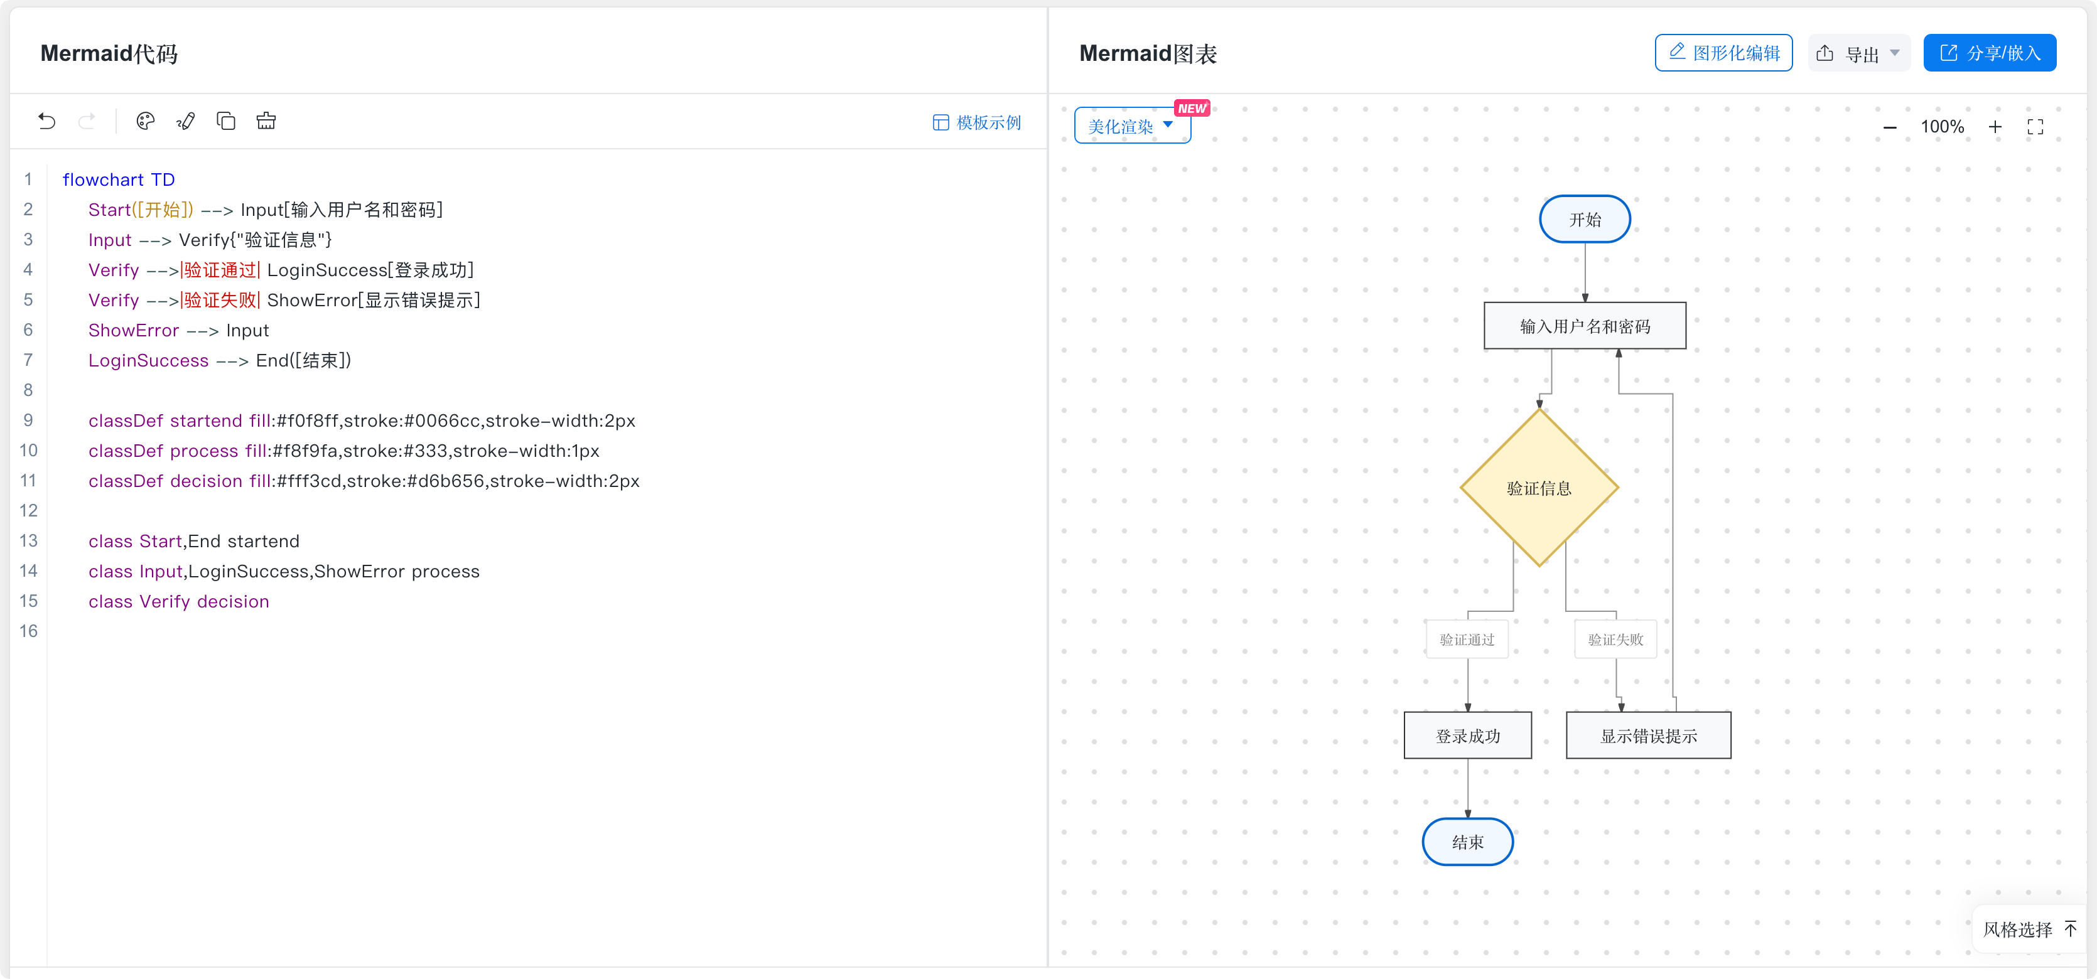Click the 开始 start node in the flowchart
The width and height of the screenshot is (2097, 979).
click(1584, 219)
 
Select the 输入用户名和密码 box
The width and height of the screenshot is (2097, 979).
click(1584, 326)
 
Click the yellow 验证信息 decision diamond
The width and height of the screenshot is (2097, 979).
click(1539, 488)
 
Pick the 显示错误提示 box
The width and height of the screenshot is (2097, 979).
click(1649, 736)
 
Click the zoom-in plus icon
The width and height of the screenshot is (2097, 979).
click(1995, 127)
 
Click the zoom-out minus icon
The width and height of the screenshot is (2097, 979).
click(1889, 127)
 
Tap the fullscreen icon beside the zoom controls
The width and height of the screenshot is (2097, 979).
click(2035, 127)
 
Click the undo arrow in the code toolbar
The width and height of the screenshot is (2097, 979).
click(46, 121)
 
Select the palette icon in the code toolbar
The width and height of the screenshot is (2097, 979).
click(146, 121)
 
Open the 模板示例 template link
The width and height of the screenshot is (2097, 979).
click(976, 122)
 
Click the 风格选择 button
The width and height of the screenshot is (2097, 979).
click(2029, 929)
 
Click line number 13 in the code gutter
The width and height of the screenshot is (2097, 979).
click(28, 540)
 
